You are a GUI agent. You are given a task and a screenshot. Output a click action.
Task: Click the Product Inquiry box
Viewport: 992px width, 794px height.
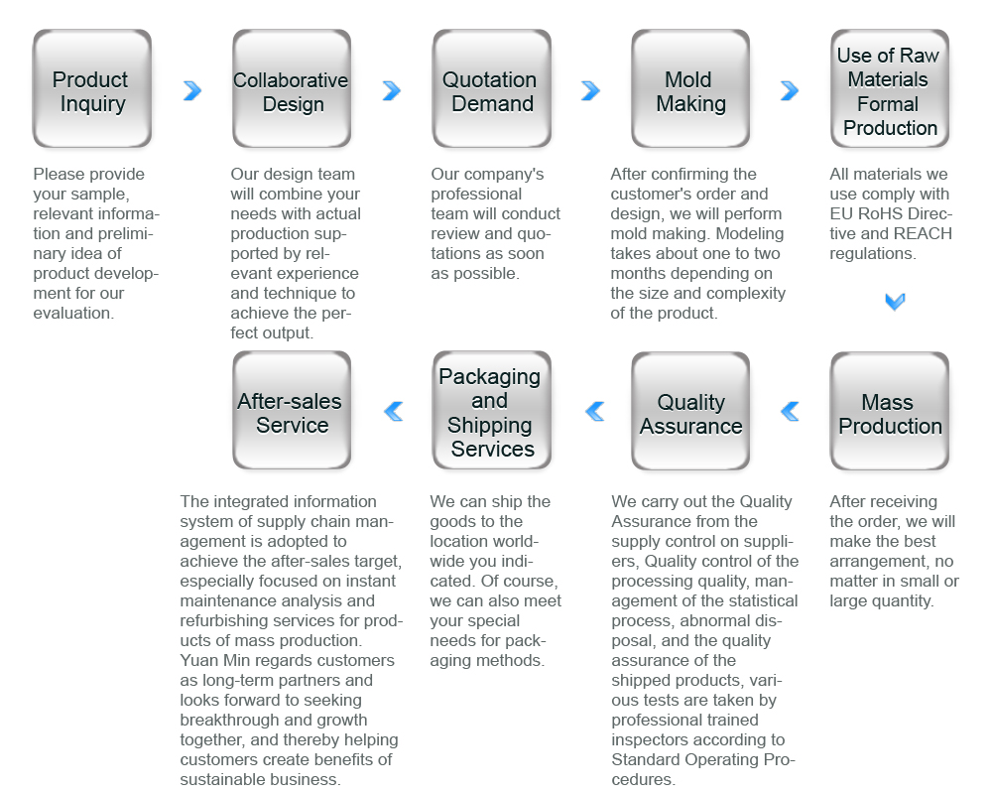[x=91, y=88]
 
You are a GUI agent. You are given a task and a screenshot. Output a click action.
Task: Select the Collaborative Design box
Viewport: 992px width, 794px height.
[x=292, y=88]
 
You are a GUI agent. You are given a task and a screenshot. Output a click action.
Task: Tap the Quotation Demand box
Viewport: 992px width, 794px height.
[x=492, y=88]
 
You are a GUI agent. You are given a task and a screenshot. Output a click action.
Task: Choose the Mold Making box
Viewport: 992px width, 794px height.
[x=690, y=88]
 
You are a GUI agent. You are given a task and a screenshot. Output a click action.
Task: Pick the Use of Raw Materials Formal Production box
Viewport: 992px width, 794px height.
[x=890, y=88]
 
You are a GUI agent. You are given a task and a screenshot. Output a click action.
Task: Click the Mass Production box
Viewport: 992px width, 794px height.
[x=890, y=412]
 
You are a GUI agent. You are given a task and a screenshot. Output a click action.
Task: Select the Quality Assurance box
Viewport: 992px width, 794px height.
[x=690, y=412]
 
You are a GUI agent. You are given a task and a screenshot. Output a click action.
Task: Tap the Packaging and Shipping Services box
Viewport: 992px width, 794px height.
[x=492, y=410]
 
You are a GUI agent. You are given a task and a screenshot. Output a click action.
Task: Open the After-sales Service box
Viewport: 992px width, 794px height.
[x=292, y=410]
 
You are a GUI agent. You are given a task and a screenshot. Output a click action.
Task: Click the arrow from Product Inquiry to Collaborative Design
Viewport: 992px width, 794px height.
[x=193, y=90]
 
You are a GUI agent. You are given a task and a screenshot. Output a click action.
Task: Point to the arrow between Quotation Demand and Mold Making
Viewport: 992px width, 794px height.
[x=591, y=90]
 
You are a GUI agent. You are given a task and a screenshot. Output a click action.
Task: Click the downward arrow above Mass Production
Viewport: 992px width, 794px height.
[x=895, y=302]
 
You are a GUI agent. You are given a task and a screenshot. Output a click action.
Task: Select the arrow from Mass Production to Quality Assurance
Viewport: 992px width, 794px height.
[x=791, y=412]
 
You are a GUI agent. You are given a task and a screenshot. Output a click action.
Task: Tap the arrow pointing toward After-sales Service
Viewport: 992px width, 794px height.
[x=394, y=412]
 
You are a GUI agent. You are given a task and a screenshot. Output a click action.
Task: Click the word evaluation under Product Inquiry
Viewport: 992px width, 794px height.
[x=73, y=314]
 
